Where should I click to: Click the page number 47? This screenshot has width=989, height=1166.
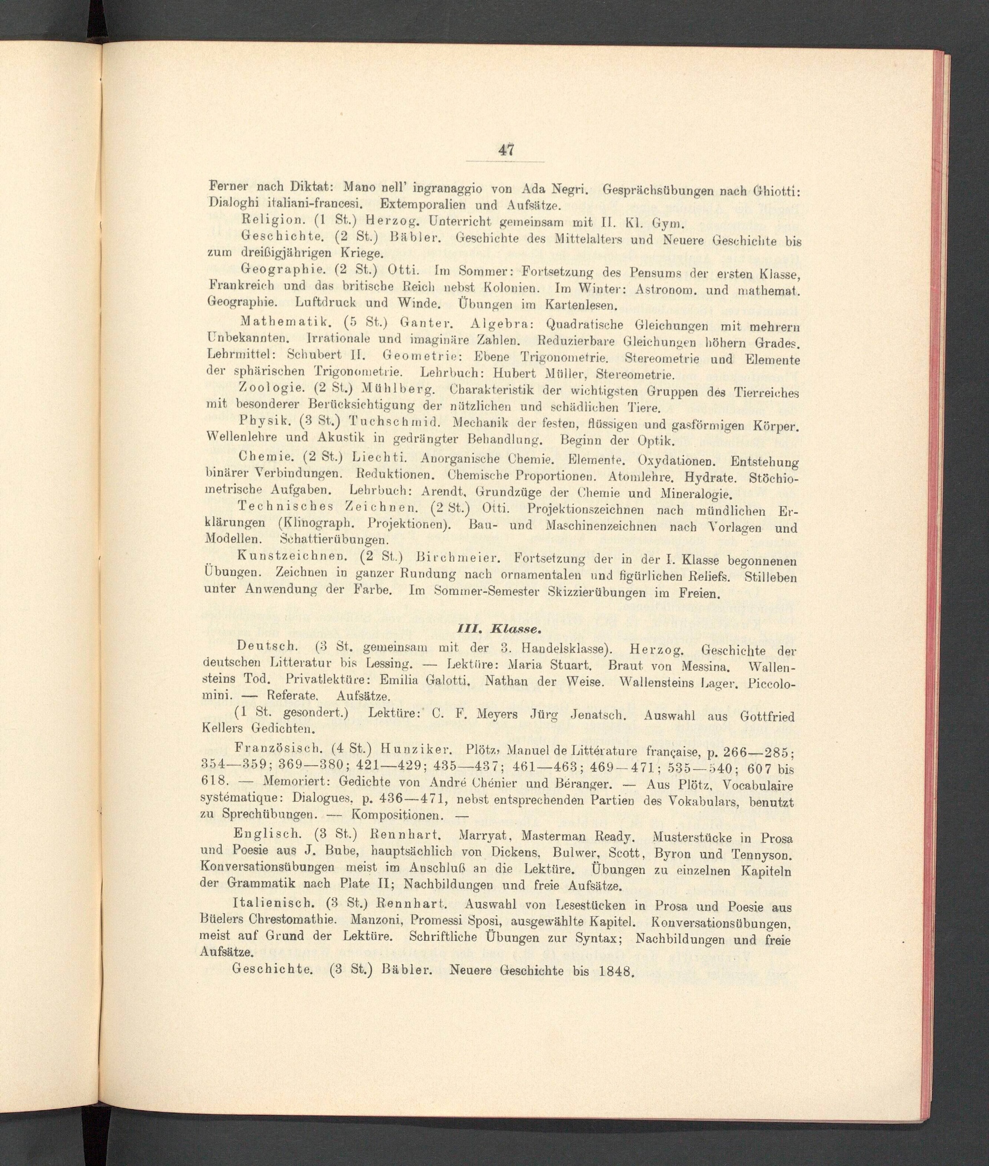(x=505, y=150)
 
